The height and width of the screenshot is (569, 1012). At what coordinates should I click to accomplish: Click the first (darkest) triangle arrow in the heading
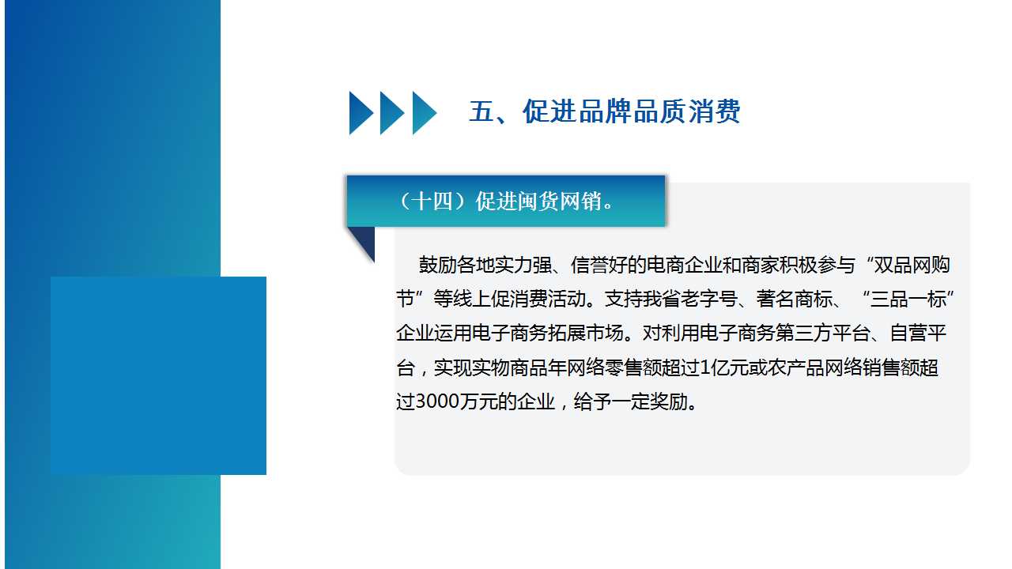(x=361, y=113)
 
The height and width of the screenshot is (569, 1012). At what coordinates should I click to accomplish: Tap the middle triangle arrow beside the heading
(x=391, y=113)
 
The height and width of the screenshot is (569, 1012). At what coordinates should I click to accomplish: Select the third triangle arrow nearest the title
(x=424, y=113)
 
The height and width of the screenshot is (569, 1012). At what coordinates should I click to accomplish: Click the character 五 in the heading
(x=482, y=111)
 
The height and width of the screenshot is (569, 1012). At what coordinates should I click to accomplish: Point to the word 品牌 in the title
(x=605, y=111)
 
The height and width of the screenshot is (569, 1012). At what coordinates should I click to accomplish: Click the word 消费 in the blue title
(x=714, y=111)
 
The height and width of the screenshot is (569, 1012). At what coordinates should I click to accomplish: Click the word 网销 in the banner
(x=580, y=202)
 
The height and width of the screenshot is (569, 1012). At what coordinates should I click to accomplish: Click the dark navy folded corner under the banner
(x=365, y=240)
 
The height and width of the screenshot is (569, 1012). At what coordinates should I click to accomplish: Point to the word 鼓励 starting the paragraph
(x=438, y=265)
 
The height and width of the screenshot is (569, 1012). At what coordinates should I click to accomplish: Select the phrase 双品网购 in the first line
(x=912, y=265)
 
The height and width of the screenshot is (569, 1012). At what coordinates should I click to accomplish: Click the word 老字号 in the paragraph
(x=709, y=299)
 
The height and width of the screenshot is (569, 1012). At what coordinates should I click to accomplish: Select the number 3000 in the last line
(x=437, y=401)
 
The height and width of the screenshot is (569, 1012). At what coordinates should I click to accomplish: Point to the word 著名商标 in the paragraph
(x=795, y=299)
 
